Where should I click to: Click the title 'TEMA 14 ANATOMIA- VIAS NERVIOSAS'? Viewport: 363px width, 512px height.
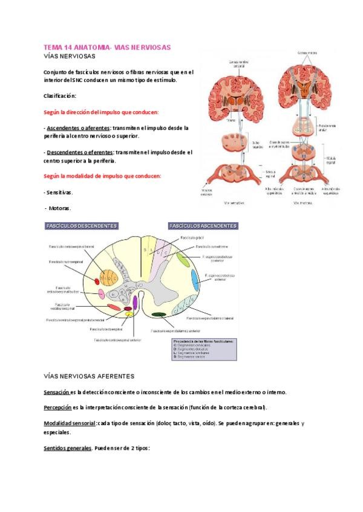(107, 47)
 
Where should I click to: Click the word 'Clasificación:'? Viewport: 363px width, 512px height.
(60, 96)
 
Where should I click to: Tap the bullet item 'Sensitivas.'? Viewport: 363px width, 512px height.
(58, 192)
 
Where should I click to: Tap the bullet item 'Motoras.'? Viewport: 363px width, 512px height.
(60, 208)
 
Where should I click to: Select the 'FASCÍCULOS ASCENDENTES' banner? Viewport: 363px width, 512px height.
(203, 226)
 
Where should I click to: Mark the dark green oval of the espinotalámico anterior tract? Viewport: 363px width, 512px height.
(160, 315)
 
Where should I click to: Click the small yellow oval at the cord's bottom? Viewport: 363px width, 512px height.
(129, 314)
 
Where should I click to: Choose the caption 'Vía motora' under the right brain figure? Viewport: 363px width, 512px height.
(302, 203)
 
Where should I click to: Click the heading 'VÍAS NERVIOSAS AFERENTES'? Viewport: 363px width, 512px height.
(89, 376)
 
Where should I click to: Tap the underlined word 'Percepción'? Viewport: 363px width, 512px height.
(57, 407)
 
